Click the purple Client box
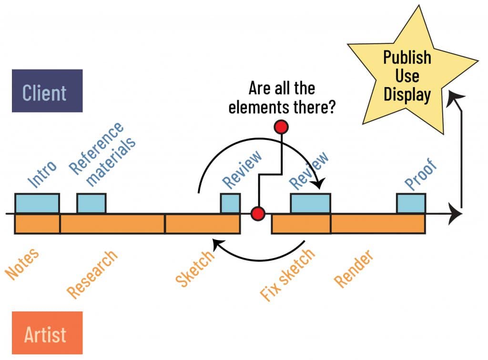[47, 91]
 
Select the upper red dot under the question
[281, 127]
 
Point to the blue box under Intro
[37, 203]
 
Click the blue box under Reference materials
[91, 203]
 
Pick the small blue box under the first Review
[230, 203]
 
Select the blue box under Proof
[411, 203]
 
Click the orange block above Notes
[37, 224]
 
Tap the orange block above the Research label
[112, 224]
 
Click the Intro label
[42, 174]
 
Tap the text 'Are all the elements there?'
[282, 98]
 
